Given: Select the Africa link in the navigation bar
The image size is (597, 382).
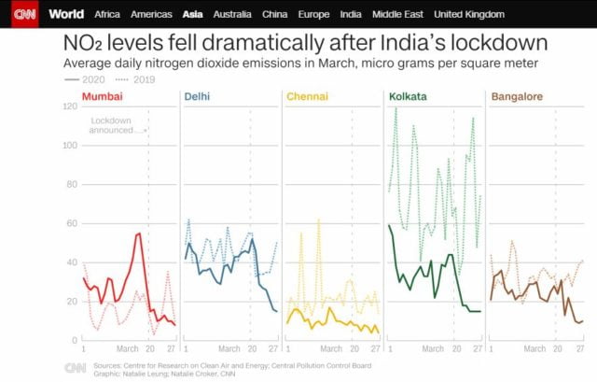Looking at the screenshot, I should tap(107, 15).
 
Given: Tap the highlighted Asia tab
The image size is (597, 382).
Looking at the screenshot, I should tap(193, 15).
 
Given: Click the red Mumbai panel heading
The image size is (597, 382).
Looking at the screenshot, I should tap(101, 97).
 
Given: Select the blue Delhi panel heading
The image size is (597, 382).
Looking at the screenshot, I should tap(196, 97).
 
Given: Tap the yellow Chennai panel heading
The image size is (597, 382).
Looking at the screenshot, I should tap(307, 97).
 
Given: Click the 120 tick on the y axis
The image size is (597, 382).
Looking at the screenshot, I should tap(70, 106).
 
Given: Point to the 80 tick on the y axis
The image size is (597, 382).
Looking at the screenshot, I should tap(72, 184).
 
